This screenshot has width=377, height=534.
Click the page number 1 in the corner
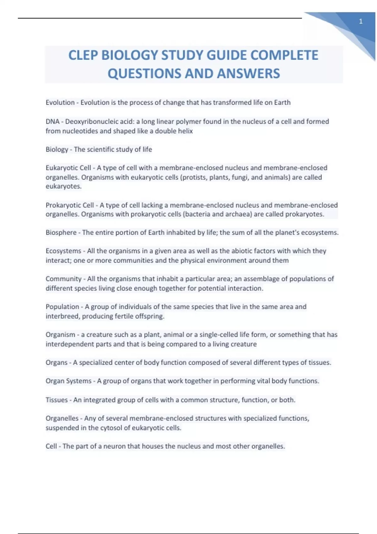click(361, 22)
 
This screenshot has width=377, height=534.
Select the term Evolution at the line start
click(60, 102)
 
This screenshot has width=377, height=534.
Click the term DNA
click(52, 122)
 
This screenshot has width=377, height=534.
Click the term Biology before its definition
click(57, 150)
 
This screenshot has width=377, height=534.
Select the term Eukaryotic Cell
click(68, 168)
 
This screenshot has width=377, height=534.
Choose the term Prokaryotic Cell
click(69, 205)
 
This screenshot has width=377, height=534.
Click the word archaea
click(240, 214)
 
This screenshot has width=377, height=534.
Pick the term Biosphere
click(61, 232)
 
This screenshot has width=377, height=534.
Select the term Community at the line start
click(63, 279)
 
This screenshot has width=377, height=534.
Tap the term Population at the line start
click(62, 307)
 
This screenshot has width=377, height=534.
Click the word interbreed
click(63, 316)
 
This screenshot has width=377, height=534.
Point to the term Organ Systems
click(68, 381)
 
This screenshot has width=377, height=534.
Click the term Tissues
click(57, 400)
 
